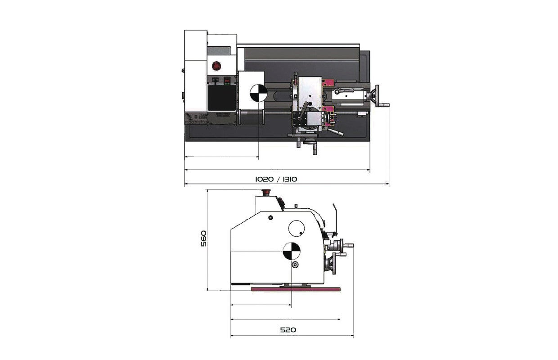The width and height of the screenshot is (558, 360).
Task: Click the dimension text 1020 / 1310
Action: click(276, 179)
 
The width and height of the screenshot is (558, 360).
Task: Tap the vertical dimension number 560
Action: click(204, 238)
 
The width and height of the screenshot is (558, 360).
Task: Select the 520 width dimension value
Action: click(288, 330)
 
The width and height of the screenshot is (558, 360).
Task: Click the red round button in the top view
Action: click(216, 66)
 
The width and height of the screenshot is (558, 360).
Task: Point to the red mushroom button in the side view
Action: click(266, 192)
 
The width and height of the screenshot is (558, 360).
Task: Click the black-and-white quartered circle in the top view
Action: click(258, 93)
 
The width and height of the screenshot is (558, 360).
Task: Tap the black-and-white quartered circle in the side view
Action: click(292, 250)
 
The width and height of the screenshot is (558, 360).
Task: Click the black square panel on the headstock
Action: click(222, 97)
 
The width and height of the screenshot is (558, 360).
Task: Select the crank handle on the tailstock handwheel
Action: click(384, 105)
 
